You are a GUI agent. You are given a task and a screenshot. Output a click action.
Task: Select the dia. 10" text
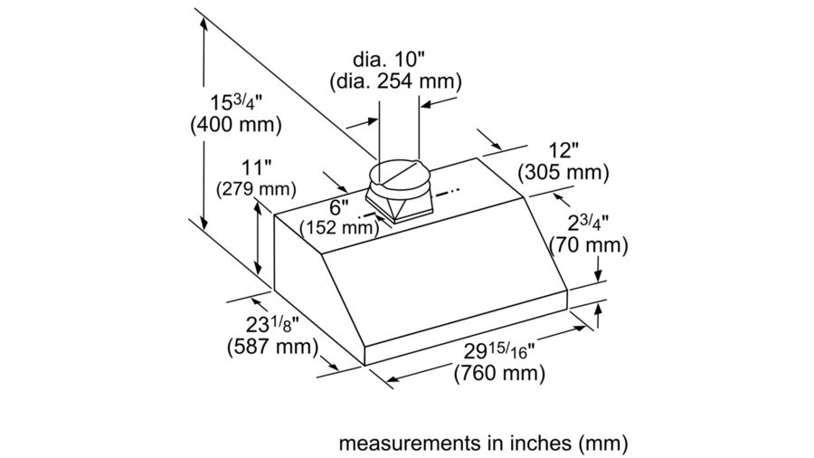395,59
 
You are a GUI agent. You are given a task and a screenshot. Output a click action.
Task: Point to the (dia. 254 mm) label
395,81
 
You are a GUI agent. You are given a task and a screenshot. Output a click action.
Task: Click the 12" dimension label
562,149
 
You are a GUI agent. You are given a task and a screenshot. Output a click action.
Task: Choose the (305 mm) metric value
562,172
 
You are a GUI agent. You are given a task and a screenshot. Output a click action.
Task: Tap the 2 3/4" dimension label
589,223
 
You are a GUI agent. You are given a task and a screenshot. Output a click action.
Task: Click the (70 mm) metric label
589,245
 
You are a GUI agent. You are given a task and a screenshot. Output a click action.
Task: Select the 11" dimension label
257,167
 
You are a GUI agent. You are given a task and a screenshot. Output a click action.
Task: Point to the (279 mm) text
257,189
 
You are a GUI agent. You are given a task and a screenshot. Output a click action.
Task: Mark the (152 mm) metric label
339,227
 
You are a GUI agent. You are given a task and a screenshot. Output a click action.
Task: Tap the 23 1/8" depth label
271,324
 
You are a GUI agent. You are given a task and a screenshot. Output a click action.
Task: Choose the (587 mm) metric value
271,347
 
